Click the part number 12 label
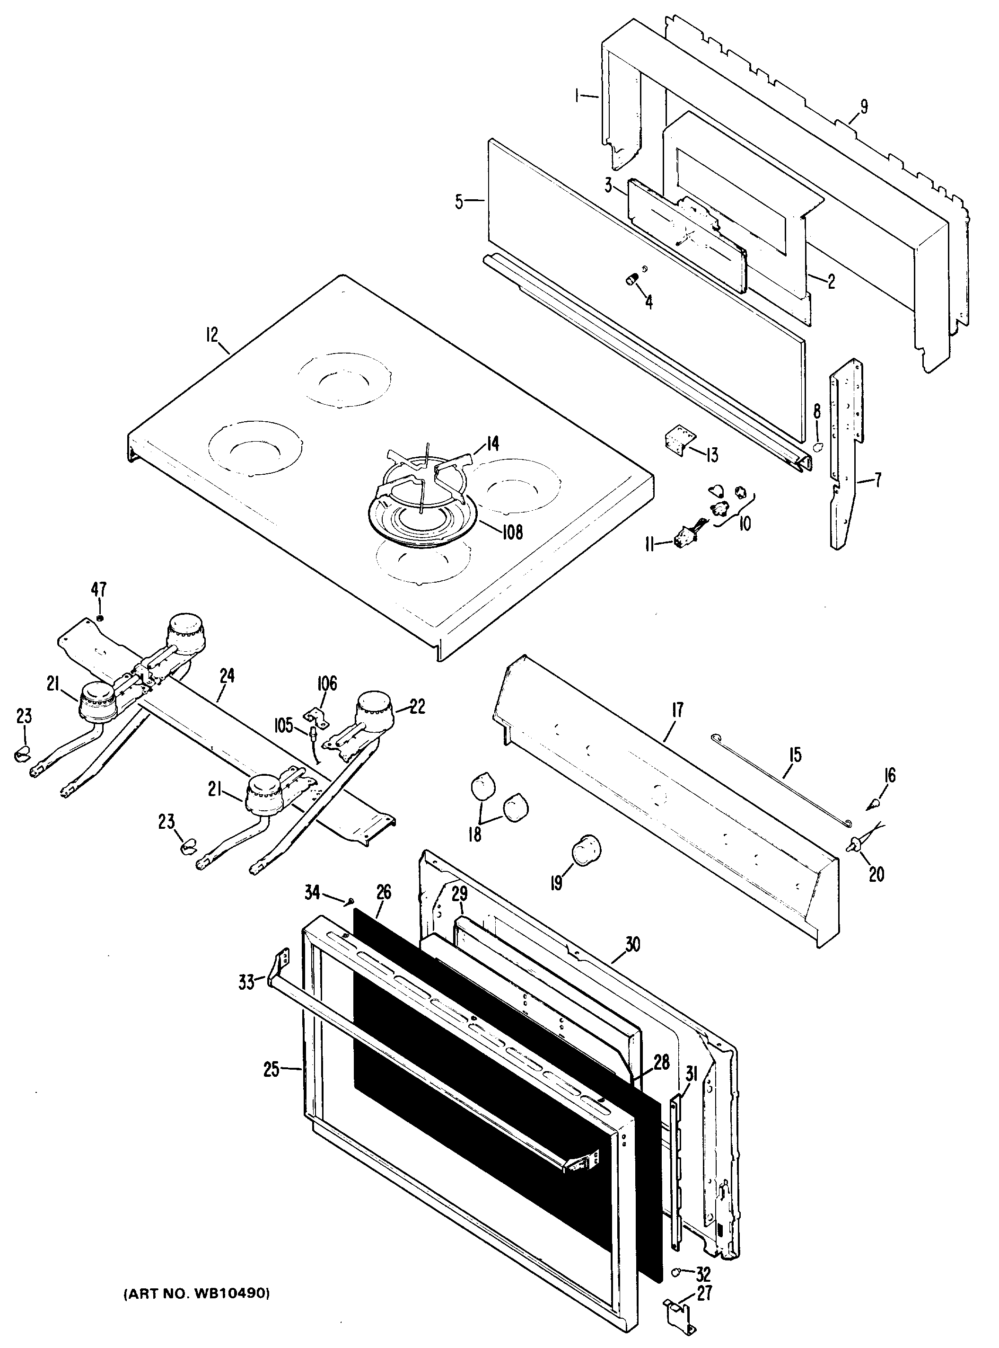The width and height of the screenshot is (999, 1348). point(211,335)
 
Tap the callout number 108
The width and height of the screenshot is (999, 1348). point(512,532)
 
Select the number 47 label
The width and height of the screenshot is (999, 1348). point(98,589)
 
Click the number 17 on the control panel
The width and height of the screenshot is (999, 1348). point(677,709)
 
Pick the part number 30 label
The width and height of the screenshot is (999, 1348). point(632,944)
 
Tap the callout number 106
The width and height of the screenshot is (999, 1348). point(327,683)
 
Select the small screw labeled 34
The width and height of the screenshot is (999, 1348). point(350,903)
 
